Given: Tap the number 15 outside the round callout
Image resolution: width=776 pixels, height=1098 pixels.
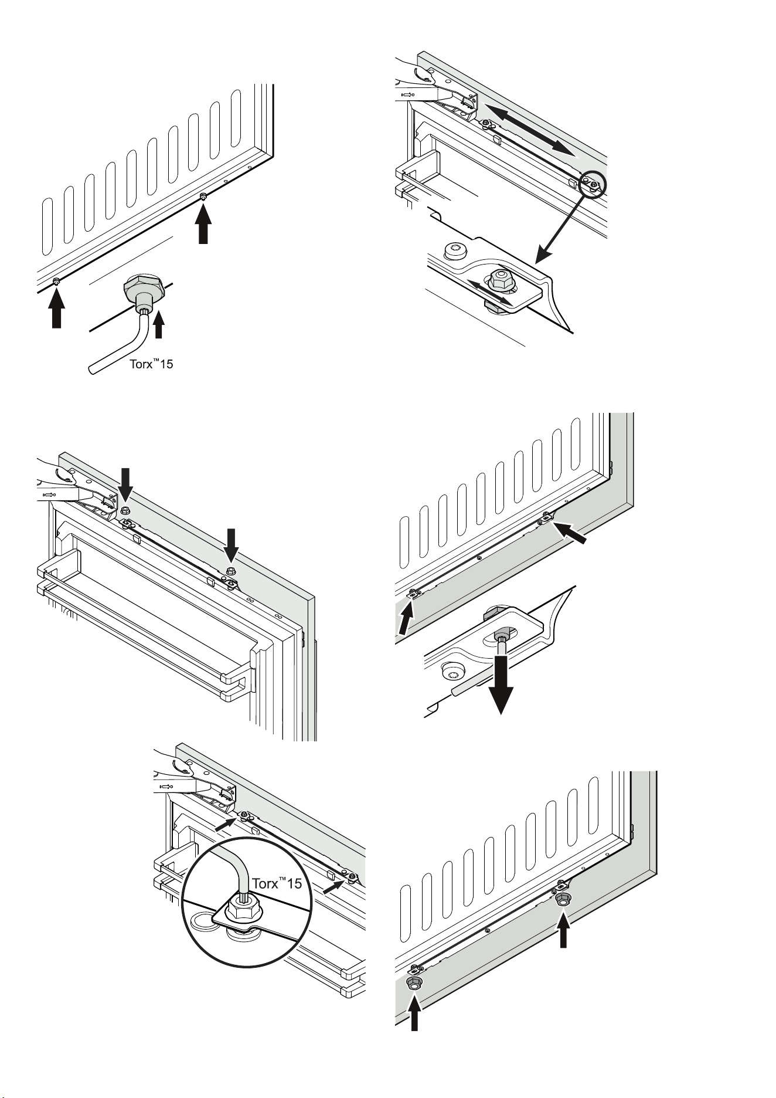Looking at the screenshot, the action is [x=166, y=365].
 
